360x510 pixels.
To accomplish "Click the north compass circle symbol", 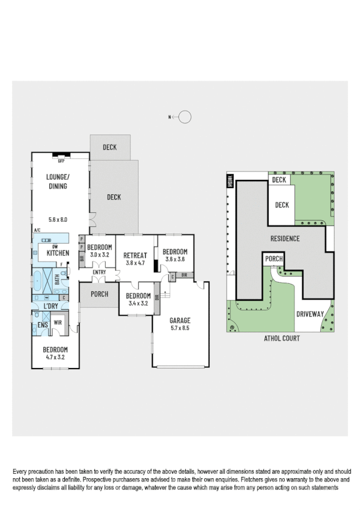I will click(185, 117).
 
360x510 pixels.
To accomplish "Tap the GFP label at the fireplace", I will click(61, 161).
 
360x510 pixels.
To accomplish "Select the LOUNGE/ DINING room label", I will click(58, 181).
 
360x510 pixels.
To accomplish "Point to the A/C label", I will click(37, 230).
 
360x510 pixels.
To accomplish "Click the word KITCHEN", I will click(58, 254).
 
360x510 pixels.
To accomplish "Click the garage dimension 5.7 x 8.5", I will click(179, 328).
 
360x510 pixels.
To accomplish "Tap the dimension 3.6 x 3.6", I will click(174, 259).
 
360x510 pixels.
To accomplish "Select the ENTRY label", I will click(99, 272).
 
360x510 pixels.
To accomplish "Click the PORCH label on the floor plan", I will click(100, 294).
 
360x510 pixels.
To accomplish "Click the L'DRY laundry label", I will click(51, 307).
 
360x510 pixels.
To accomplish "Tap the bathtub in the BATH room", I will click(38, 280).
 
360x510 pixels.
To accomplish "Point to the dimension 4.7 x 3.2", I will click(55, 357).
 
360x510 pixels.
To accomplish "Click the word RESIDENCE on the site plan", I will click(284, 238).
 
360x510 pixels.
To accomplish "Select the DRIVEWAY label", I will click(310, 314).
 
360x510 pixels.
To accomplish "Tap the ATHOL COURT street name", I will click(282, 339).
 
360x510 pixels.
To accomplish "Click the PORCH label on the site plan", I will click(274, 259).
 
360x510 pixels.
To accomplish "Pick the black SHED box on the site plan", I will click(230, 180).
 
